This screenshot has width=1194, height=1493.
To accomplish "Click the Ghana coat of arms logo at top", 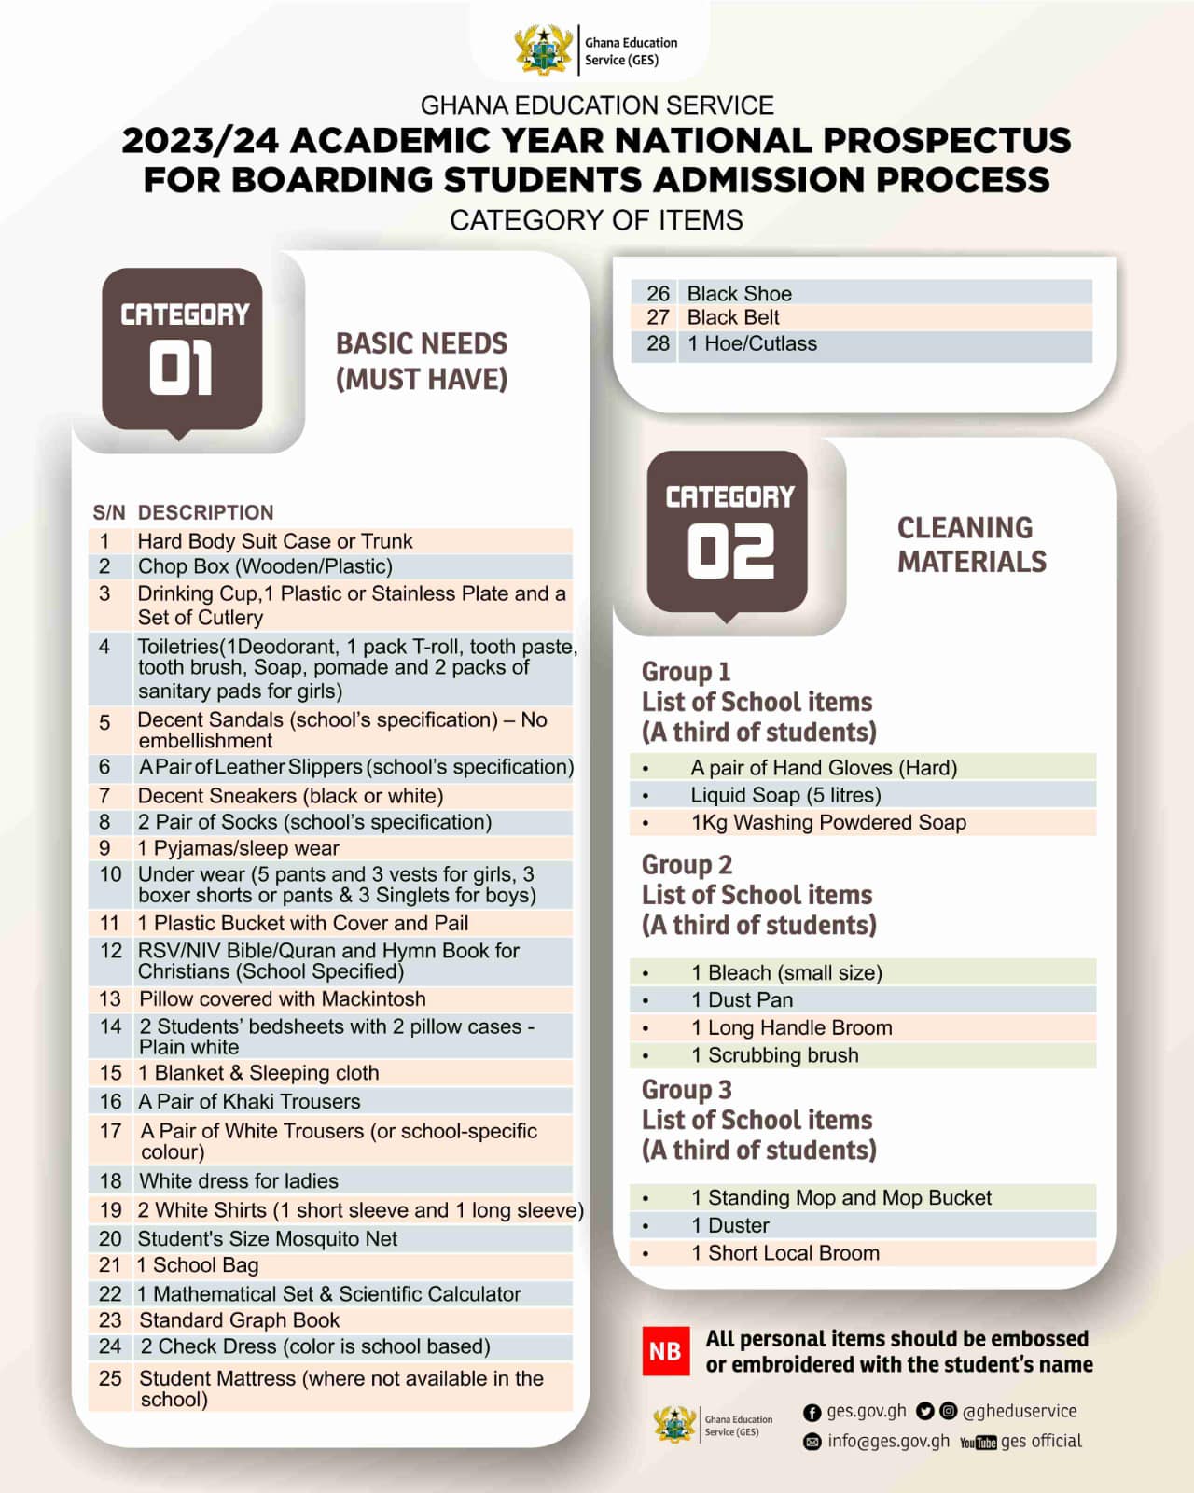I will tap(544, 50).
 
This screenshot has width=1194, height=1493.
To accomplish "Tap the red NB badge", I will tap(665, 1351).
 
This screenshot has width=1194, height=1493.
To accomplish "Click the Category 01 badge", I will tap(182, 350).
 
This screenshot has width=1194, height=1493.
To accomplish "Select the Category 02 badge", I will tap(728, 533).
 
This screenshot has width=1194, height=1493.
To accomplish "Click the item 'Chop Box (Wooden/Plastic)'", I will tap(265, 566).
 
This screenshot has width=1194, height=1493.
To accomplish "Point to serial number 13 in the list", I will tap(110, 998).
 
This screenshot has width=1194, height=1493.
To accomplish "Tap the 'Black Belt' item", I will tap(733, 318).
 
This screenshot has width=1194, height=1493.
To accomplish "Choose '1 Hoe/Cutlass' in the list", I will tap(752, 343).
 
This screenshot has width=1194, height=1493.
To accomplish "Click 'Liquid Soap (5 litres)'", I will tap(785, 795).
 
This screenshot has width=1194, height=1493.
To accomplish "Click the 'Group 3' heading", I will tap(687, 1090).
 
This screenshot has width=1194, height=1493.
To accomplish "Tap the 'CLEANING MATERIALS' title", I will tap(971, 545).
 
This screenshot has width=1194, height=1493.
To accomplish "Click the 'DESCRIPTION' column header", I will tap(206, 512).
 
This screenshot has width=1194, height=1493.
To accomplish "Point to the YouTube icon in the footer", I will tap(978, 1443).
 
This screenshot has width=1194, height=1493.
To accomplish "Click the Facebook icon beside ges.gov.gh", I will tap(812, 1413).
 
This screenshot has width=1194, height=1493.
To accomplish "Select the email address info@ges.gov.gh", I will tap(888, 1442).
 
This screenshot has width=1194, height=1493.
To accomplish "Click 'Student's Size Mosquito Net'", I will tap(268, 1239).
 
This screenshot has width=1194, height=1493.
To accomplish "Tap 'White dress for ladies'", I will tap(239, 1181).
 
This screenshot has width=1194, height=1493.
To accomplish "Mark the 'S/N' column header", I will tap(108, 512).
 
